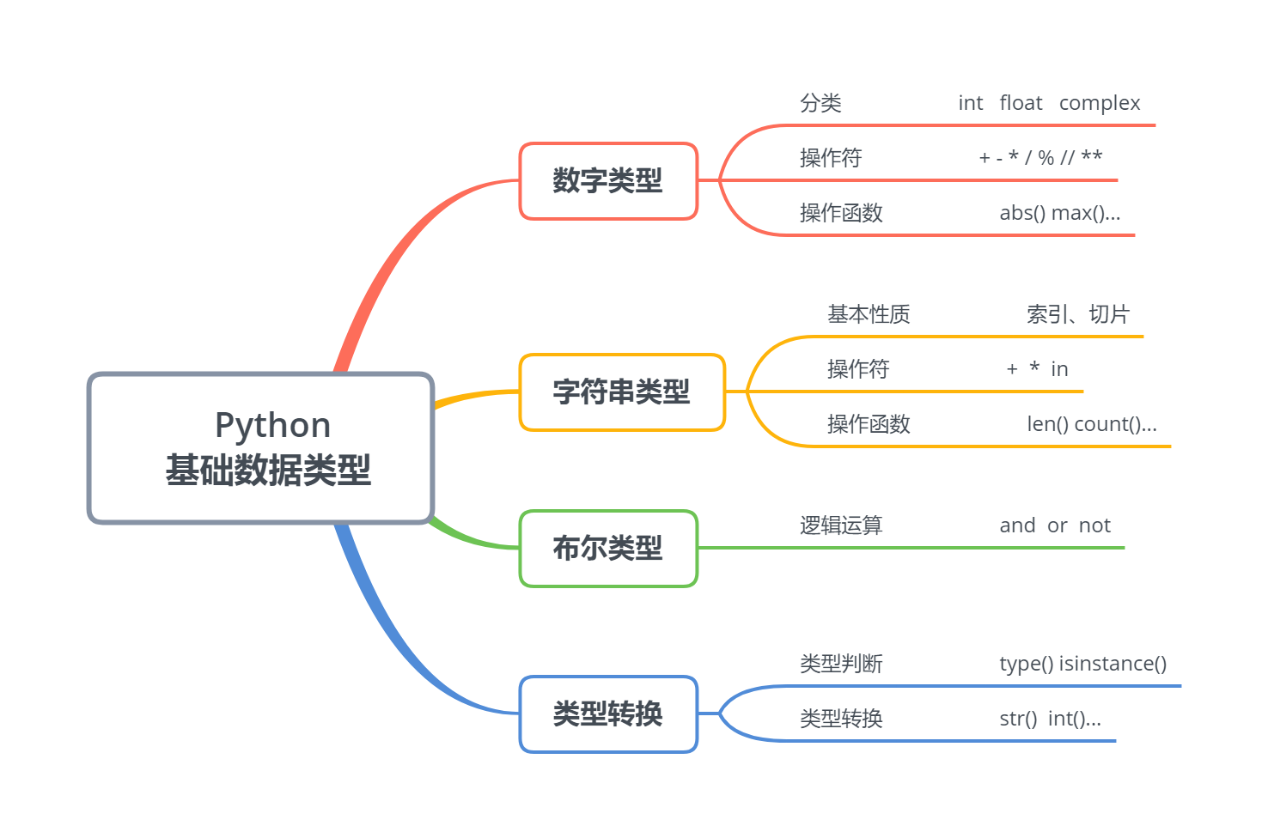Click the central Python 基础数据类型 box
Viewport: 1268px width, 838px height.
click(260, 447)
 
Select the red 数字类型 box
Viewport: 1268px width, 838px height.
click(608, 181)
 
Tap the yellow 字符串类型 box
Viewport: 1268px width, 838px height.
click(622, 392)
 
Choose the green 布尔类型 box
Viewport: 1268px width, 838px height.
click(608, 549)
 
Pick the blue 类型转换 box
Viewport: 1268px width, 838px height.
click(608, 714)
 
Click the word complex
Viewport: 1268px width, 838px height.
click(1100, 104)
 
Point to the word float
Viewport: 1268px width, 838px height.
click(1021, 102)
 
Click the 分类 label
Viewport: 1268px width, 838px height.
click(820, 103)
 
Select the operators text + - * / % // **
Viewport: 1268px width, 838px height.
click(1040, 157)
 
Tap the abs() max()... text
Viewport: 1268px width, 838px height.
click(1060, 213)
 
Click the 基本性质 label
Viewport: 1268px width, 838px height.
click(869, 314)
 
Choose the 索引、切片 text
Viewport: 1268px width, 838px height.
click(1078, 314)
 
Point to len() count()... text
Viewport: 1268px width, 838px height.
click(1092, 424)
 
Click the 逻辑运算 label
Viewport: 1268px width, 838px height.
click(841, 525)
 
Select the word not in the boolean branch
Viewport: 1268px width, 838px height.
click(1094, 525)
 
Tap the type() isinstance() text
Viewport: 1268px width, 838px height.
click(1083, 664)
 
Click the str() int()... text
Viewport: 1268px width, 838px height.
click(1050, 719)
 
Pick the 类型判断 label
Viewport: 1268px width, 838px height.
click(841, 664)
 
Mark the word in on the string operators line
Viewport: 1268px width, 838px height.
click(1059, 369)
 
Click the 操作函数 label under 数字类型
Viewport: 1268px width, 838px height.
click(841, 213)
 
